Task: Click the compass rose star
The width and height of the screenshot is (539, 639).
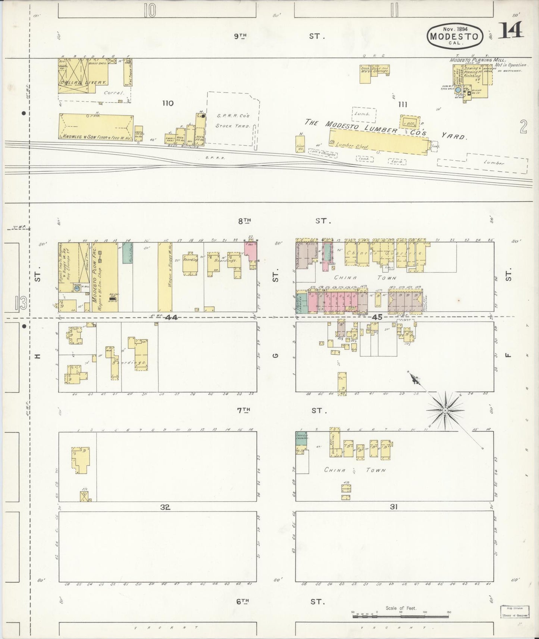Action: (x=445, y=410)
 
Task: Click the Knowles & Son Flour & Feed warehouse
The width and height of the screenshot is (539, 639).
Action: (x=96, y=127)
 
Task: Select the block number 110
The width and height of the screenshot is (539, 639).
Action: (x=168, y=103)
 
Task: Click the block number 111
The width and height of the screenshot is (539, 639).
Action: (x=402, y=104)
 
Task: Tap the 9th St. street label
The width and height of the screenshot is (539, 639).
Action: (x=241, y=36)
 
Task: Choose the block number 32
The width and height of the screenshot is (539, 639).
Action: (x=165, y=507)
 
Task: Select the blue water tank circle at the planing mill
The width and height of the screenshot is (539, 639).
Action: (x=458, y=90)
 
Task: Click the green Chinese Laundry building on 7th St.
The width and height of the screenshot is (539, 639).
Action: (x=301, y=440)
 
